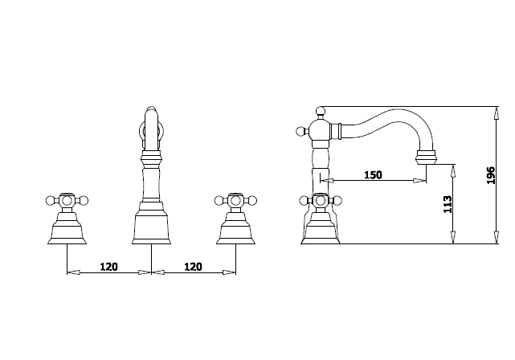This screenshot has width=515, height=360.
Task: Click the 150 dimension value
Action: pyautogui.click(x=373, y=174)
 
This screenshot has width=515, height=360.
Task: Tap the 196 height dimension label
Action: pyautogui.click(x=490, y=175)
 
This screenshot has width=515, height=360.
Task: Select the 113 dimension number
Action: pyautogui.click(x=448, y=204)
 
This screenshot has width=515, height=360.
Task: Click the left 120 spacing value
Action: pyautogui.click(x=108, y=267)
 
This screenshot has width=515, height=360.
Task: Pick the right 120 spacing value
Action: pyautogui.click(x=193, y=267)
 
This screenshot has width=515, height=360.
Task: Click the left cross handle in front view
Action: pyautogui.click(x=67, y=200)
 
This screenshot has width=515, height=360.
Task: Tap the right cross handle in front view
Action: pyautogui.click(x=235, y=200)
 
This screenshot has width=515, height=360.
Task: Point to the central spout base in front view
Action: pyautogui.click(x=151, y=223)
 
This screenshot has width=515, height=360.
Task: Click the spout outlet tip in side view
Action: pyautogui.click(x=426, y=157)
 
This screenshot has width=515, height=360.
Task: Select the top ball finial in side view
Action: pyautogui.click(x=321, y=111)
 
